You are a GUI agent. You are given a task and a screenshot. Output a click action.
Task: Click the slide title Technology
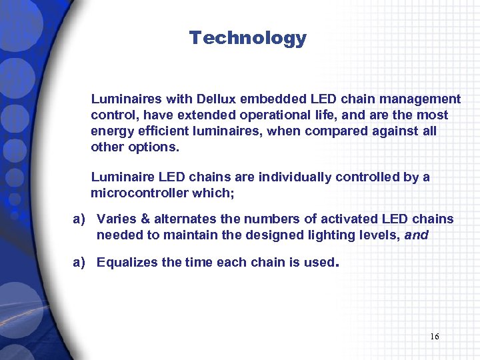[247, 39]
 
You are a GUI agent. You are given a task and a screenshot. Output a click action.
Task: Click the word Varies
[117, 219]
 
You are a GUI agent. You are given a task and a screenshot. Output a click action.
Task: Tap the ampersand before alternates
[146, 219]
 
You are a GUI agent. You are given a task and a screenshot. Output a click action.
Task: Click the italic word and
[416, 235]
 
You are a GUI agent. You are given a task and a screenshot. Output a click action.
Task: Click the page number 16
[434, 337]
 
